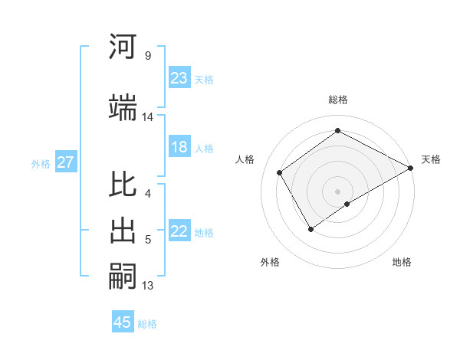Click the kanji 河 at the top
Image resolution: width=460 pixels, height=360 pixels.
pos(123,47)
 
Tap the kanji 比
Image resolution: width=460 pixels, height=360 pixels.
pos(123,185)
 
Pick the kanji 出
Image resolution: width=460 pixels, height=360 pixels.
pos(123,231)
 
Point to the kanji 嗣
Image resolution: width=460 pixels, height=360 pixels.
pos(123,278)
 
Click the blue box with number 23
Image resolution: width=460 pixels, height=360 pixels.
pos(179,78)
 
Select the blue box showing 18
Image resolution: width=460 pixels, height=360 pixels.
pos(179,148)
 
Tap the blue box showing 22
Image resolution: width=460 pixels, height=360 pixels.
pos(179,232)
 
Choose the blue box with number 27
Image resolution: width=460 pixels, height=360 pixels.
pos(65,162)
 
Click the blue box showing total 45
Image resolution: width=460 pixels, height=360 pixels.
pos(123,322)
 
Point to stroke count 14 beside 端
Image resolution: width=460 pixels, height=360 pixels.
pos(148,117)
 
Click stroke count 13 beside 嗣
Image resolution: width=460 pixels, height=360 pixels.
pos(148,286)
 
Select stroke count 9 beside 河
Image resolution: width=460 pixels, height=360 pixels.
pos(148,56)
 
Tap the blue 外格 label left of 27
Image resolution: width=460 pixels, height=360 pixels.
pos(41,163)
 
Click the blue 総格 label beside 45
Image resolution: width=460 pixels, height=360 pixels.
pos(147,324)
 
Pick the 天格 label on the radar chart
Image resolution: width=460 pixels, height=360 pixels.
pos(431,159)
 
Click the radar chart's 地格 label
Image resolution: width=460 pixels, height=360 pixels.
pos(402,263)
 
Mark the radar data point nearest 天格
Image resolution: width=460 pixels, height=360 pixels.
pos(411,168)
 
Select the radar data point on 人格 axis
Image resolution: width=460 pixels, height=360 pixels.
pos(280,172)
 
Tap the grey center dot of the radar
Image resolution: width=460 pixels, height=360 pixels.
pos(337,191)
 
